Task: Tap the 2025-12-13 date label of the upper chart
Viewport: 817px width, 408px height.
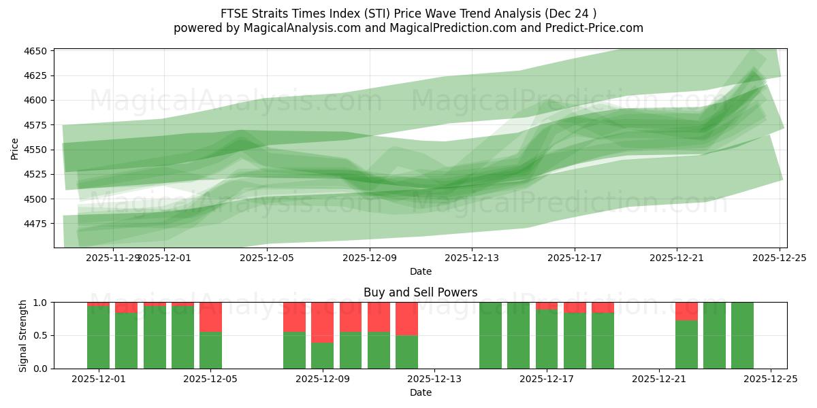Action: pos(472,258)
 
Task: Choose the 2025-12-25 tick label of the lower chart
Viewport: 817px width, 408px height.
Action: pos(771,379)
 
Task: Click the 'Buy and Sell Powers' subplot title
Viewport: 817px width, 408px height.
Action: pos(420,292)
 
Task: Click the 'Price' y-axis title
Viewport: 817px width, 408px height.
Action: pos(15,148)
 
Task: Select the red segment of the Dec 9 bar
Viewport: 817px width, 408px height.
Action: pos(323,322)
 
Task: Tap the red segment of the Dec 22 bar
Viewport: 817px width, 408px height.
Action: pos(686,311)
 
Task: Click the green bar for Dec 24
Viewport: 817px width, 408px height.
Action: pos(742,335)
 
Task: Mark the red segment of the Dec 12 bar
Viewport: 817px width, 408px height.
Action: pos(406,319)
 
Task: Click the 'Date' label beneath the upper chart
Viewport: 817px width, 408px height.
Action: pos(420,271)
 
